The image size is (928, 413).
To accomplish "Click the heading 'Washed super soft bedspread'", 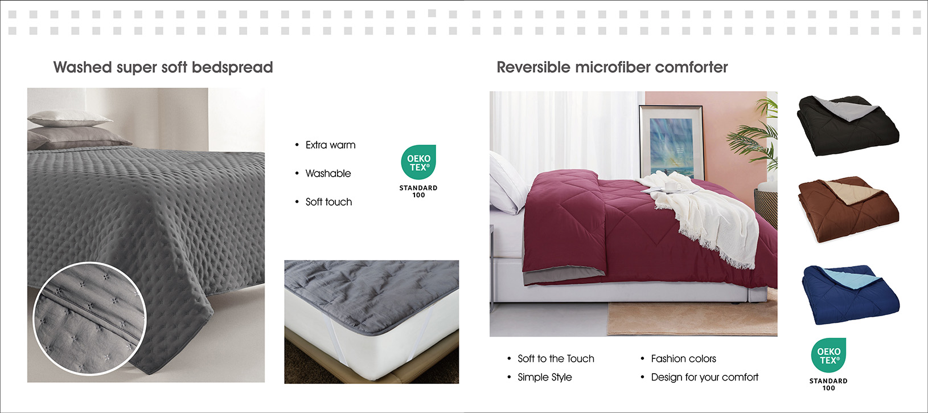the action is [x=163, y=67].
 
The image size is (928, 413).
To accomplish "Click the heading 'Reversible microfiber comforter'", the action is [x=612, y=67].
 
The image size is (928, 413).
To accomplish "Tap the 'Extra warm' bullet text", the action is [x=330, y=145].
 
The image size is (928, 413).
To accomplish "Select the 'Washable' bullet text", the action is [x=328, y=173].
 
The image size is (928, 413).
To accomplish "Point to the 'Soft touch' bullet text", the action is [x=329, y=202].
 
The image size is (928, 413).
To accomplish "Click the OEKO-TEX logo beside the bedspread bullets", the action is [x=418, y=171].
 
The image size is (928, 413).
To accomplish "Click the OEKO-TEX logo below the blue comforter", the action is [x=828, y=364].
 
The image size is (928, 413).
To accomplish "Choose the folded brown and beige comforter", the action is [x=848, y=210].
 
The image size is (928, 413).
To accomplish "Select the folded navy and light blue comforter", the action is [x=850, y=295].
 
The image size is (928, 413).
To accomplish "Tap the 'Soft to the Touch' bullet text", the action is [x=556, y=359].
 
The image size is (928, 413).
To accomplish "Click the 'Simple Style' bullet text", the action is [x=544, y=377].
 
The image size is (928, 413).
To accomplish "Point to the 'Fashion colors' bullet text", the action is [x=683, y=359].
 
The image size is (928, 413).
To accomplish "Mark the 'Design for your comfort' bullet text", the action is [x=704, y=377].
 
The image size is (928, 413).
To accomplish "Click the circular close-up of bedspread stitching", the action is [x=89, y=318].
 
